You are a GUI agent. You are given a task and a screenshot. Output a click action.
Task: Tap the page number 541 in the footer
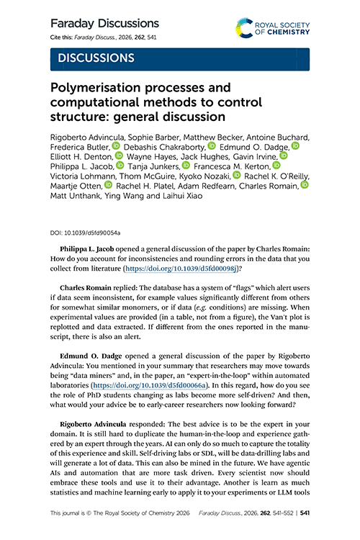[x=305, y=515]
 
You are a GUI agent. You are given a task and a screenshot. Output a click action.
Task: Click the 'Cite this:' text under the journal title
[x=63, y=37]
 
